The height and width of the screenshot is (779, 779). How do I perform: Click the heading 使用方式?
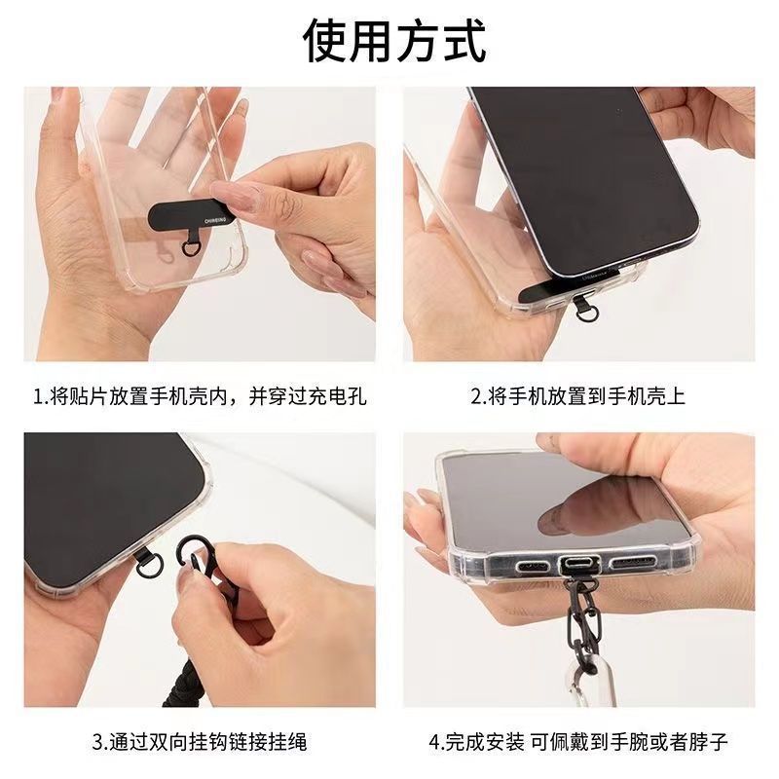tap(394, 41)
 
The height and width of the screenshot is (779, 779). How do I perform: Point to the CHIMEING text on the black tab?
tap(214, 219)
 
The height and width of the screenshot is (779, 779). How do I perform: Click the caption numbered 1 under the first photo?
tap(200, 396)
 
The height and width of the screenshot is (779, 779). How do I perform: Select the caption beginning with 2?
tap(577, 396)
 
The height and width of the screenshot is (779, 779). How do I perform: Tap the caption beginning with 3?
tap(200, 742)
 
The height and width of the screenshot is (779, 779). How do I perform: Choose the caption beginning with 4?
tap(577, 742)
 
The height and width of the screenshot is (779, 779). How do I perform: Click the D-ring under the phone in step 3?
tap(149, 565)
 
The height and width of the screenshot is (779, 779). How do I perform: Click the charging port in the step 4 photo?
tap(577, 566)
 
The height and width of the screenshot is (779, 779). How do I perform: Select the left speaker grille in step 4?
tap(532, 567)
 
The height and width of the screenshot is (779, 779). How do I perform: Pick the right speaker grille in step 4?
tap(632, 563)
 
